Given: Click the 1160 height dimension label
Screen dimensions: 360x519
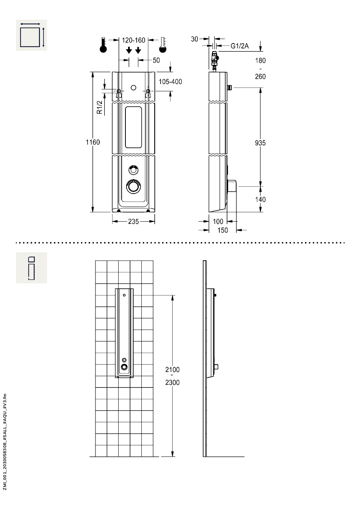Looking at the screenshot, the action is click(93, 142).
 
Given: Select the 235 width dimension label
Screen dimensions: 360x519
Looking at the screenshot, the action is click(133, 222).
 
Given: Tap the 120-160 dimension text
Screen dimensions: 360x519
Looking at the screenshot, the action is click(133, 40).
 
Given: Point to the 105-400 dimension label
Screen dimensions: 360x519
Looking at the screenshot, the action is click(170, 81).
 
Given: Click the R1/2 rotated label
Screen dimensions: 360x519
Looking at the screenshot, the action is click(99, 107).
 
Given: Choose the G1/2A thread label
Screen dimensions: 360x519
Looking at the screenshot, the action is click(239, 46).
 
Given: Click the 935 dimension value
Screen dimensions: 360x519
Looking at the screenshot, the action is click(260, 143).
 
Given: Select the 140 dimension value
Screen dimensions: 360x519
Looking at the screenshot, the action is click(260, 200).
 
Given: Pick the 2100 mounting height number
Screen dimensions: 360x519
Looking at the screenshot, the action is click(172, 370).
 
